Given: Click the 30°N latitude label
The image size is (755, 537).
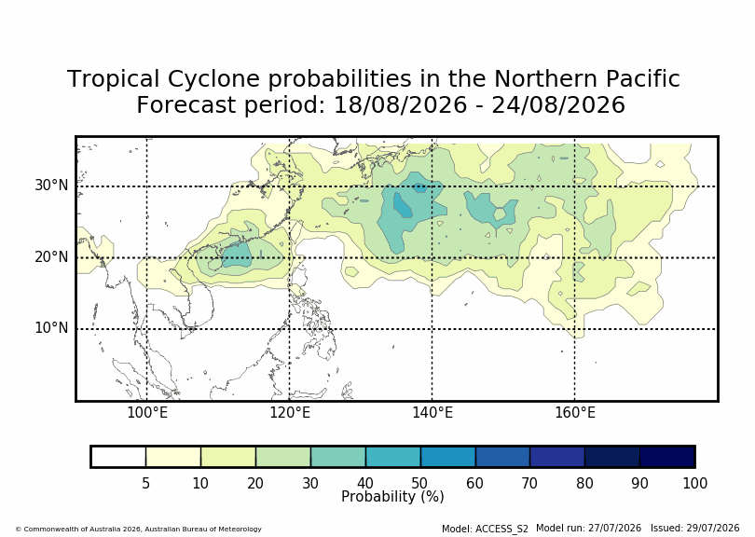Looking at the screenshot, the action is tap(51, 185).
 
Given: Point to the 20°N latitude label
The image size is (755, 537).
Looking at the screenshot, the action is tap(51, 256).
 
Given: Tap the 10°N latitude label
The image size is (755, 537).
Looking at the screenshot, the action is tap(51, 328).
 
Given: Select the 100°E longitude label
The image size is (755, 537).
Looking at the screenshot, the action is tap(147, 413).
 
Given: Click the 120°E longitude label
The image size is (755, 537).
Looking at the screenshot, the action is tap(290, 413).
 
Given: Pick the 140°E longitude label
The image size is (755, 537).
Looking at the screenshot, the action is tap(432, 413).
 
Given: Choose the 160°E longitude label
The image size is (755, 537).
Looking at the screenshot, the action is tap(575, 413).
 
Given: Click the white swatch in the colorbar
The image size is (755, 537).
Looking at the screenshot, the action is tap(118, 457).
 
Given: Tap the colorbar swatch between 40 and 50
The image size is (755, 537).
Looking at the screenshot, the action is tap(393, 457).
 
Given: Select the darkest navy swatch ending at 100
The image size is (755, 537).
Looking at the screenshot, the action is tap(666, 457).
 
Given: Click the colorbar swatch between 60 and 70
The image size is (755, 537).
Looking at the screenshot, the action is tap(502, 457).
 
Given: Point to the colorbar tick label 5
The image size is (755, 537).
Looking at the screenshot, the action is tap(146, 483).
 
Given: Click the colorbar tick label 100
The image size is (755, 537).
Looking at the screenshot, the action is tap(694, 483).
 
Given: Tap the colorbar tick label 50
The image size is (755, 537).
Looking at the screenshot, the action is tap(419, 483).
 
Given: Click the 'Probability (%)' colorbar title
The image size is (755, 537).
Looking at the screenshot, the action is tap(392, 497).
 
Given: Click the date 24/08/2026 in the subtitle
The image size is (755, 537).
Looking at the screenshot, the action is tap(558, 104).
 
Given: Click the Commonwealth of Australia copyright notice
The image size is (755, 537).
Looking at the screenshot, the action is tap(139, 529).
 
